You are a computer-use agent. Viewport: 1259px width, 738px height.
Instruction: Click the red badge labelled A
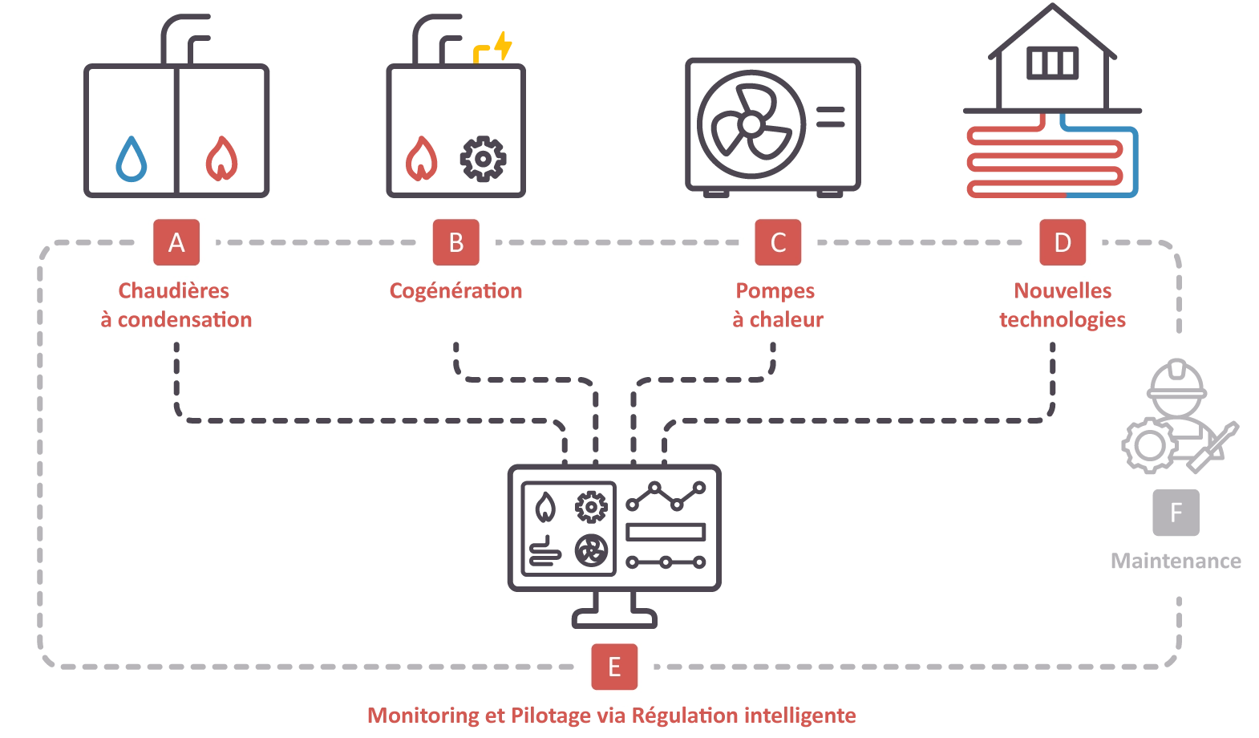176,242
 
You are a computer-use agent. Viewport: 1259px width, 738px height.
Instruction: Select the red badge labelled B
455,242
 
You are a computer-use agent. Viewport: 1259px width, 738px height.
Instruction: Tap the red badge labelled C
777,242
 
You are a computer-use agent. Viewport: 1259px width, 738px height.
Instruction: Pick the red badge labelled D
1062,242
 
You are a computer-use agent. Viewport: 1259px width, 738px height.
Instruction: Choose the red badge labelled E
614,667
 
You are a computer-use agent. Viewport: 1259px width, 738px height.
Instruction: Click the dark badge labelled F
1174,513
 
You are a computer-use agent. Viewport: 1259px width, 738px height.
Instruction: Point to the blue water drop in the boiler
132,159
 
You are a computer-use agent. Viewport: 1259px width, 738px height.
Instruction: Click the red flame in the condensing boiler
222,159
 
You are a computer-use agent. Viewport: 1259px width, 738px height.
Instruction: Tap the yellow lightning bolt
502,45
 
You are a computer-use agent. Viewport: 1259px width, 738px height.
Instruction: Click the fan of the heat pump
750,122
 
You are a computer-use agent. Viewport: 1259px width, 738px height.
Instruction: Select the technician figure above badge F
1176,417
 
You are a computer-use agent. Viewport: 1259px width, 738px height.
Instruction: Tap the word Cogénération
455,290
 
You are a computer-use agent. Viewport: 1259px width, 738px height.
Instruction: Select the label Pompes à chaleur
777,305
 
